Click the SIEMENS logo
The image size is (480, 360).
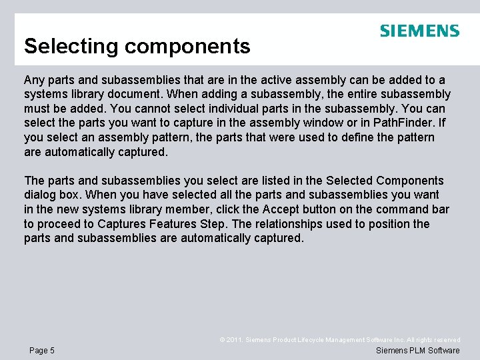point(419,31)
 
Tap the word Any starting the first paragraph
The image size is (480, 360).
point(34,79)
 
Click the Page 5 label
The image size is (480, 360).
point(43,351)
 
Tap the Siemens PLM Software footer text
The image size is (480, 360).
point(418,351)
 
